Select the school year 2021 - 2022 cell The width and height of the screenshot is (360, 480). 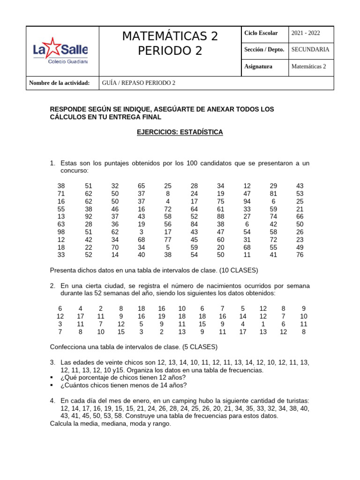[x=306, y=33]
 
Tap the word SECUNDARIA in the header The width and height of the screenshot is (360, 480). [x=310, y=49]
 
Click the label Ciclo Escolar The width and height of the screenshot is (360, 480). [x=261, y=33]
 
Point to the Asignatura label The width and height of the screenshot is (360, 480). [x=258, y=67]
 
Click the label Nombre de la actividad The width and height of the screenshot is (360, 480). [x=59, y=83]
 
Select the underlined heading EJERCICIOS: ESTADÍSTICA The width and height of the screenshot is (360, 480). [x=180, y=133]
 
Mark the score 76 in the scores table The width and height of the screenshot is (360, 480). [x=300, y=255]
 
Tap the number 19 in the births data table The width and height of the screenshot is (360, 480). [x=162, y=316]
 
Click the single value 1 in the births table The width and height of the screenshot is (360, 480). [x=263, y=324]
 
